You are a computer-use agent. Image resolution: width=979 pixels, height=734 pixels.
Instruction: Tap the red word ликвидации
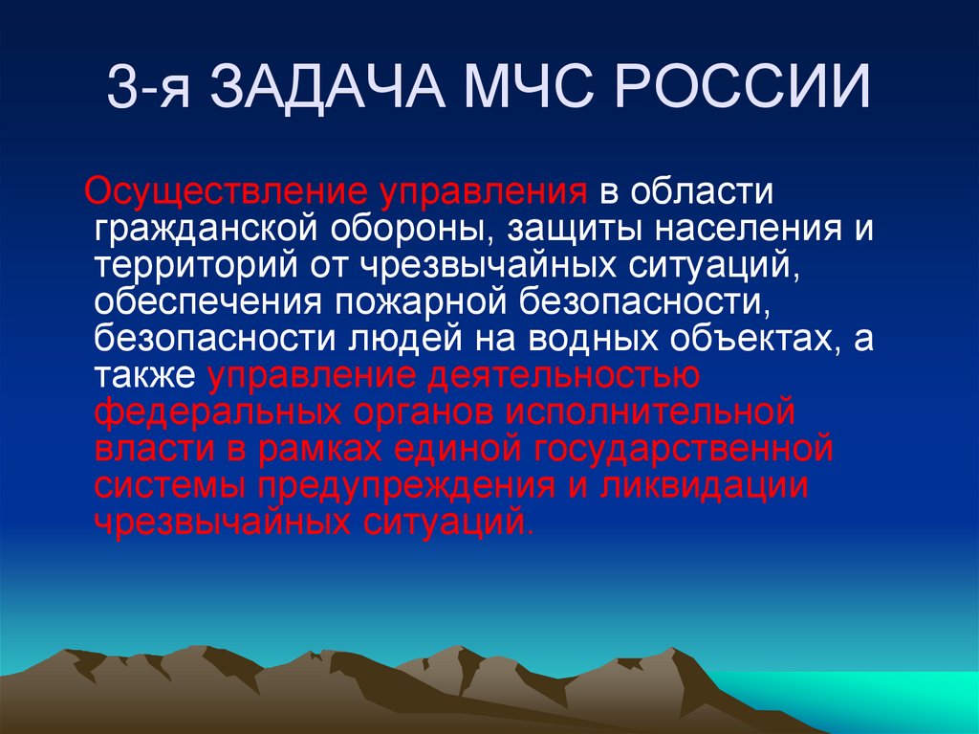click(x=704, y=484)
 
